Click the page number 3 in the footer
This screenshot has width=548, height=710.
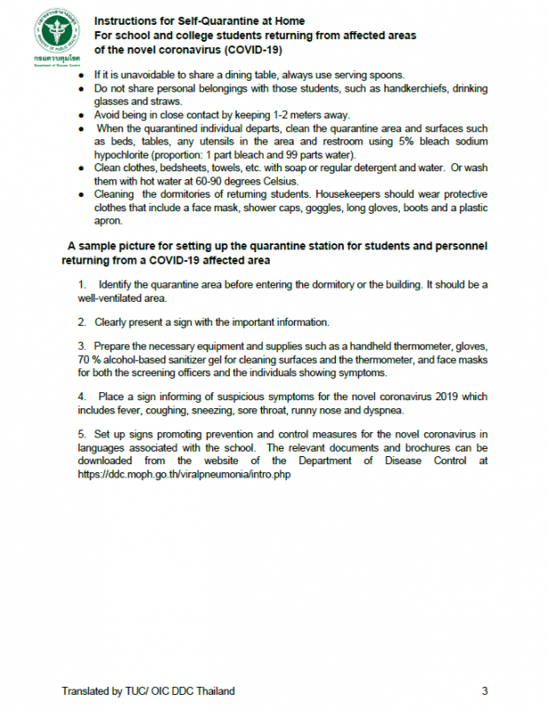485,690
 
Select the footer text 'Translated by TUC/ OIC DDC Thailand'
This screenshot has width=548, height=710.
148,690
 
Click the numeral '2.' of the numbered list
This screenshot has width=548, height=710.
82,321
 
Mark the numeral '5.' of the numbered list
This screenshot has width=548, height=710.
82,434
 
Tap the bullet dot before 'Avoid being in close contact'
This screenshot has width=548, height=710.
82,114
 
